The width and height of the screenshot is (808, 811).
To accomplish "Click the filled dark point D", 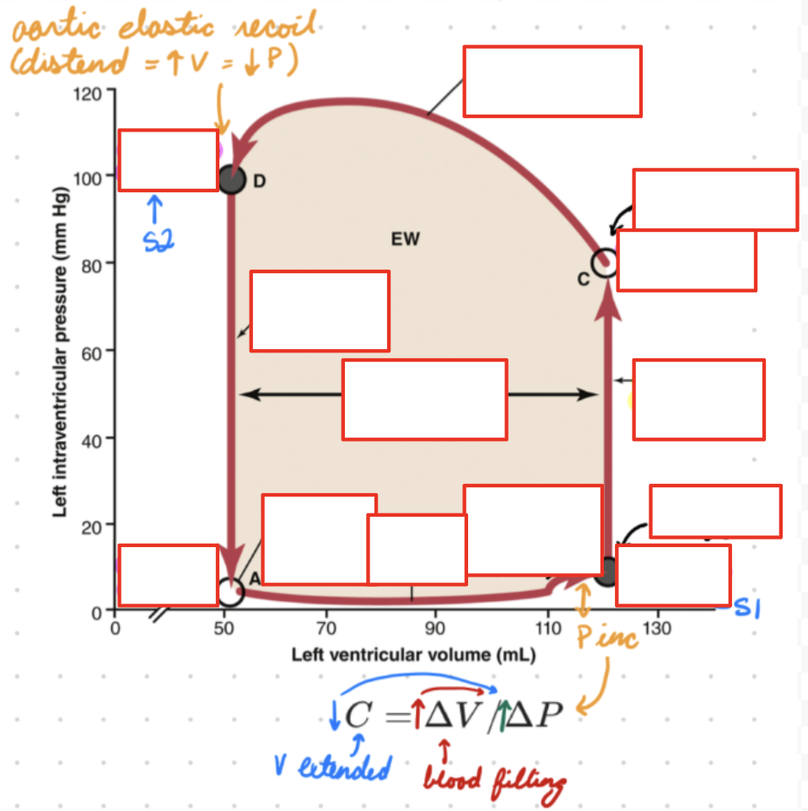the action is coord(231,180).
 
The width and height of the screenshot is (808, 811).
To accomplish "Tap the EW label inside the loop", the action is coord(406,239).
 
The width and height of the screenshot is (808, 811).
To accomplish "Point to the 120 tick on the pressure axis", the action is coord(87,94).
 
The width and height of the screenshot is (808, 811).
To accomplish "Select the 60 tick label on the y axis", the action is coord(91,354).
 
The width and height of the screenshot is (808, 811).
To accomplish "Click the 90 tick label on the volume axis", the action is coord(435,628).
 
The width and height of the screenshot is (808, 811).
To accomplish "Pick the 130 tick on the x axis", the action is coord(657,628).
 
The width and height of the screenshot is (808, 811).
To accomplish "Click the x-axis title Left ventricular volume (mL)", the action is coord(413,655).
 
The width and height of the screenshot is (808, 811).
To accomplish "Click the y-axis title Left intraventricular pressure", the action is coord(60,352).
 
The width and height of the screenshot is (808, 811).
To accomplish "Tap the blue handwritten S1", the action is coord(747,608).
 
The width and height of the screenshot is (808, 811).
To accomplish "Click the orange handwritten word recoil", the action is coord(275,24).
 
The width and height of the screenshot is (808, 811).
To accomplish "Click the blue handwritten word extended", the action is coord(345,767).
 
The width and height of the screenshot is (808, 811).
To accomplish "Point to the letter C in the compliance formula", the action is coord(358,715).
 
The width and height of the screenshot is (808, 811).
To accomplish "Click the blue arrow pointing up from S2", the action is coord(154,209).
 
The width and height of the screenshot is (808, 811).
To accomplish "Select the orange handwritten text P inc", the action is coord(606,636).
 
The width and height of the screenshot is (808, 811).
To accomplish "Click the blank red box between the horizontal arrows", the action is coord(424,400).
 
